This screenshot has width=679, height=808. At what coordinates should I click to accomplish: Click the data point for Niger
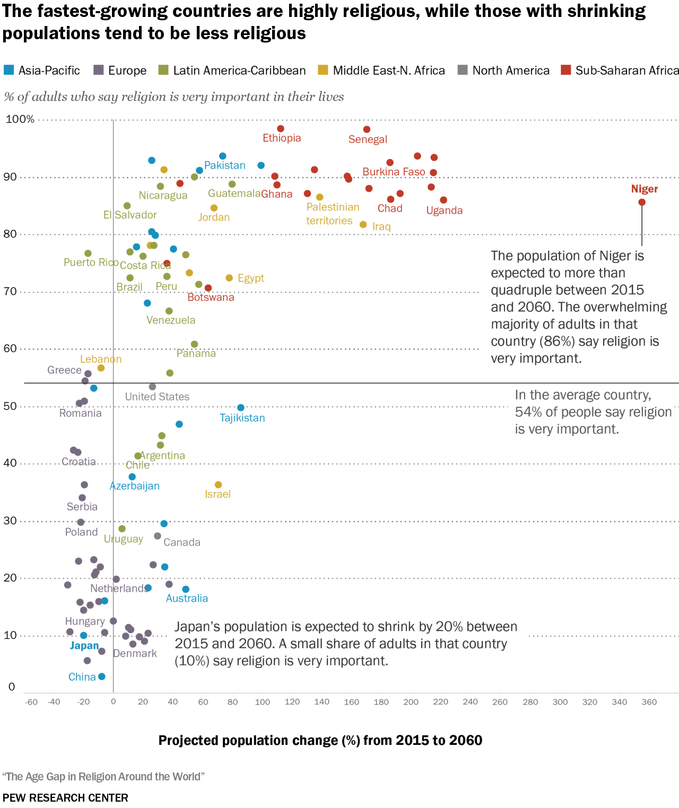point(642,202)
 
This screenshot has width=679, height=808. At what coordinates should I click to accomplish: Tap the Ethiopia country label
point(282,138)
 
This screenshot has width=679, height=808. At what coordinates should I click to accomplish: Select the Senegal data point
point(367,129)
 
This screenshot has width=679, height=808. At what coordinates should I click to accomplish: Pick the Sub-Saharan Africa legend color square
point(566,70)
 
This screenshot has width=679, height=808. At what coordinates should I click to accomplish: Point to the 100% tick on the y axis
point(20,119)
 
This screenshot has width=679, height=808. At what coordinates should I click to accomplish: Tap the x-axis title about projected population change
point(320,740)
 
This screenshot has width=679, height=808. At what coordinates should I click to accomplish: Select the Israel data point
point(218,485)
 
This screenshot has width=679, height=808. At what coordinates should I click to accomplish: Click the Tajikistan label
point(242,418)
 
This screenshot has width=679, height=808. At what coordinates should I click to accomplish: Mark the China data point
point(102,677)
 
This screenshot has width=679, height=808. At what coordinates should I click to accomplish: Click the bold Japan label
point(84,645)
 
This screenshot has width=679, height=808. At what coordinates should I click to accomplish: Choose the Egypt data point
point(229,278)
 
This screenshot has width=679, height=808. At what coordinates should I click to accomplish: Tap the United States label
point(157,397)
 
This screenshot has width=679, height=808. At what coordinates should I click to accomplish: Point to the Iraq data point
point(363,225)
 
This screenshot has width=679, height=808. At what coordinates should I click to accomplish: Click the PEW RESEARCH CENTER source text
point(65,798)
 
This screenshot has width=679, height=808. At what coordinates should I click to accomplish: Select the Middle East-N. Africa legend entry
point(388,71)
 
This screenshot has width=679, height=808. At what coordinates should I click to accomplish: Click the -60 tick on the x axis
point(31,702)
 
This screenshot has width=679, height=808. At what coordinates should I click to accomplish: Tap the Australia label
point(187,598)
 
